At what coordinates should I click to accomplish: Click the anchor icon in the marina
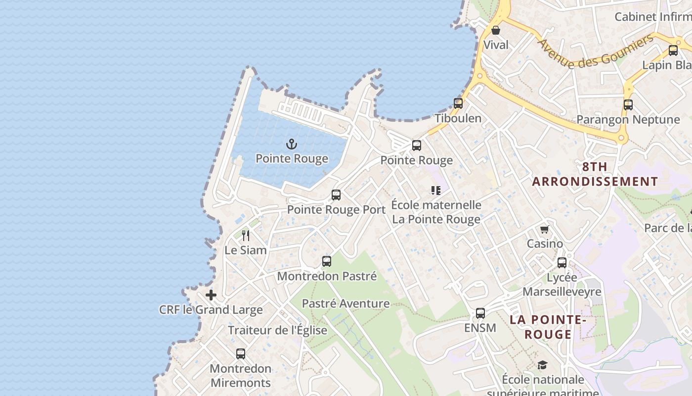[x=292, y=145]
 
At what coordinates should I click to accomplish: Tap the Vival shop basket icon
[x=496, y=31]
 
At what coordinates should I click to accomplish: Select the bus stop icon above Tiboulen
[x=458, y=103]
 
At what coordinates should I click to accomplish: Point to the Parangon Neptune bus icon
[x=628, y=105]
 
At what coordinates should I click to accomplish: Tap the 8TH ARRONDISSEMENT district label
[x=595, y=174]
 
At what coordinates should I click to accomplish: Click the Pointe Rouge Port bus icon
[x=336, y=195]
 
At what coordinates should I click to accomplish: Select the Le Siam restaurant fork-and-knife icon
[x=246, y=236]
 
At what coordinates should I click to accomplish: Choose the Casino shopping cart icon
[x=544, y=229]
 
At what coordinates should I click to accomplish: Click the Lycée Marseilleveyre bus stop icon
[x=562, y=263]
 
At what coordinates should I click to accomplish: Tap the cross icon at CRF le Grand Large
[x=211, y=296]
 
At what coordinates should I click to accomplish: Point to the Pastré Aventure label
[x=346, y=303]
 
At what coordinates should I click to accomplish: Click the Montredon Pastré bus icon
[x=326, y=261]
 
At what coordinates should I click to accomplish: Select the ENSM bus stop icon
[x=480, y=313]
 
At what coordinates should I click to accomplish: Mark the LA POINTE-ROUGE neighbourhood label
[x=548, y=327]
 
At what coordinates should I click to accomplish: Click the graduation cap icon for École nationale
[x=542, y=365]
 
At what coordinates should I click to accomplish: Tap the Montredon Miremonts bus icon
[x=241, y=354]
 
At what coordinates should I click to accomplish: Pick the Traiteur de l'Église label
[x=277, y=330]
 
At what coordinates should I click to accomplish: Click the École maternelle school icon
[x=435, y=191]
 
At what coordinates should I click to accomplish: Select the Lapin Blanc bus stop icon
[x=673, y=50]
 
